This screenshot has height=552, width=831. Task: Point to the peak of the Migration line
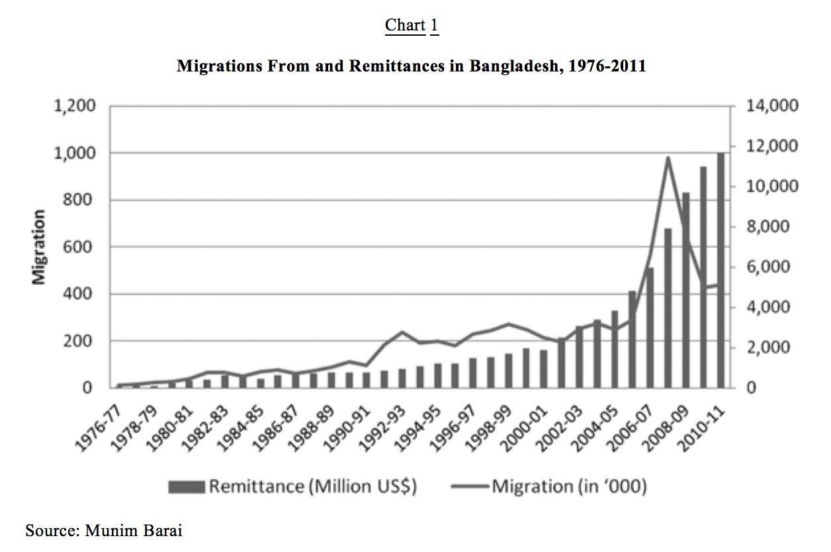[x=668, y=158]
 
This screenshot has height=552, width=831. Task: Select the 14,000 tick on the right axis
[x=773, y=106]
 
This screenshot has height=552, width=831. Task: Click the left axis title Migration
[x=40, y=247]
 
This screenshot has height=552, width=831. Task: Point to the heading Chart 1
[x=412, y=25]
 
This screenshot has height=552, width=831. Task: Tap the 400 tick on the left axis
[x=85, y=294]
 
